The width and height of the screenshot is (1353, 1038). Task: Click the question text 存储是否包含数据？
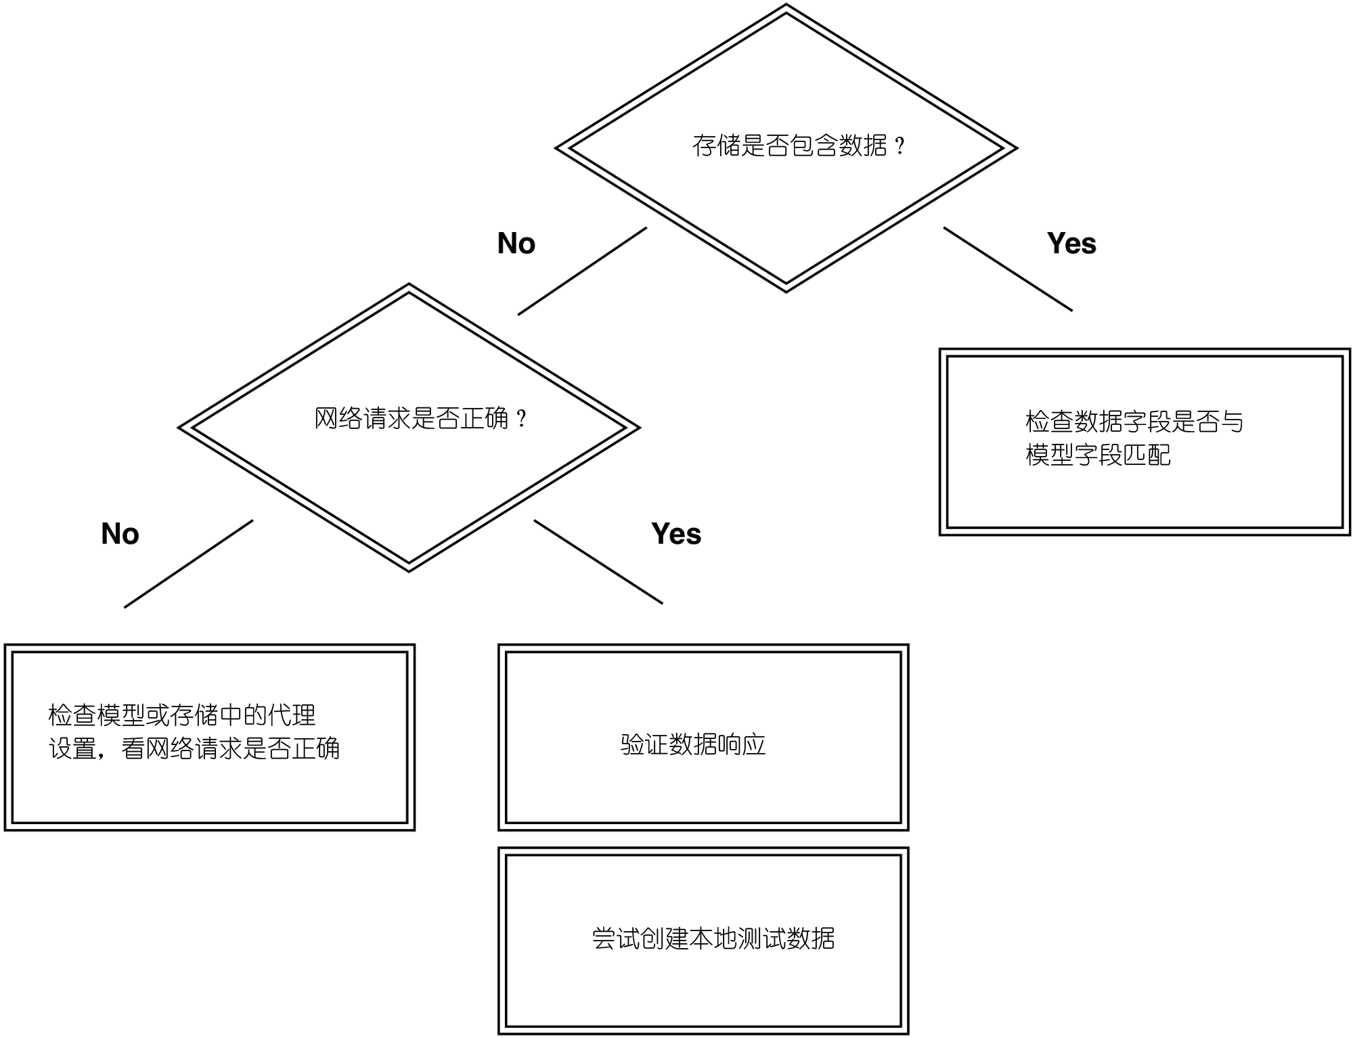799,145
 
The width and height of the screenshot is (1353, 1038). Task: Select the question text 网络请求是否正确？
420,419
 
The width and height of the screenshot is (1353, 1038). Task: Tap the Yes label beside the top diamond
1071,244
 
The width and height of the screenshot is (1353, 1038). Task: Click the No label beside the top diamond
516,244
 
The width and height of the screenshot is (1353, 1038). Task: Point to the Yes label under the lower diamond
676,534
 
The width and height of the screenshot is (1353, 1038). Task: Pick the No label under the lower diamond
120,534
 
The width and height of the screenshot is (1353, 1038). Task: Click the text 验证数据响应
693,745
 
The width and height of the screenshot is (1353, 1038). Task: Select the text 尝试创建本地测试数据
713,939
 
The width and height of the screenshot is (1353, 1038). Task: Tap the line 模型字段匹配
1098,455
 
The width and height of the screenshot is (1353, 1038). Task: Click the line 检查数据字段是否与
1134,422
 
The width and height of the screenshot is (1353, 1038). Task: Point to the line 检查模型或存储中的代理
182,715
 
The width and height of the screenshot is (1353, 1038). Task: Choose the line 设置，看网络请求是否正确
194,748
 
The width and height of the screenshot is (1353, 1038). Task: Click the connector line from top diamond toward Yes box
1008,269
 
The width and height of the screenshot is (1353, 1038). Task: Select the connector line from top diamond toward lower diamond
582,271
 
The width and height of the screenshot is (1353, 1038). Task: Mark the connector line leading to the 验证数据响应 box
598,562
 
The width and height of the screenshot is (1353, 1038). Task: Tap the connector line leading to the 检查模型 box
188,564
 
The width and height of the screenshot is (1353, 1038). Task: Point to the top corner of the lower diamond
409,284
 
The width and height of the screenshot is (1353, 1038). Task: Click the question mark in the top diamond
900,146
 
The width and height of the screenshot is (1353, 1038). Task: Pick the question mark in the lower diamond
521,420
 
